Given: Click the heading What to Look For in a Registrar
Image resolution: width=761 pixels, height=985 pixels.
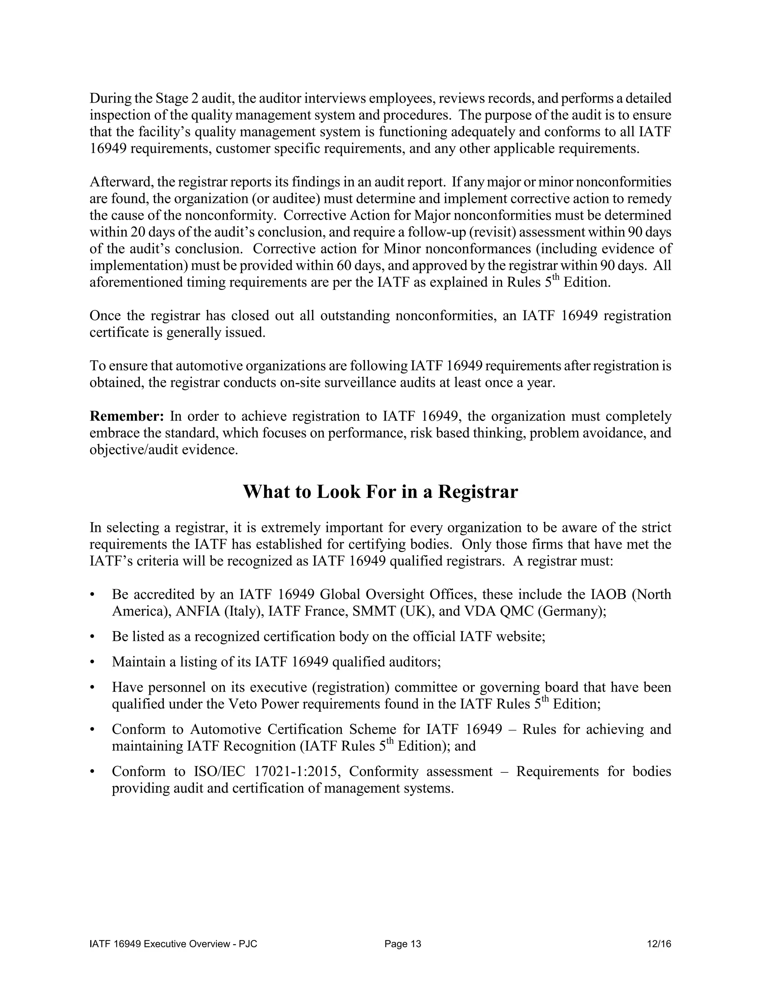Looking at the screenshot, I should pyautogui.click(x=380, y=492).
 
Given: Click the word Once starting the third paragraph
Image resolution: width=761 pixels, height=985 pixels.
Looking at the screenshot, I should pyautogui.click(x=105, y=315).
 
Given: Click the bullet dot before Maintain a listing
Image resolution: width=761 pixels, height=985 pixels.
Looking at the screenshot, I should pyautogui.click(x=93, y=662).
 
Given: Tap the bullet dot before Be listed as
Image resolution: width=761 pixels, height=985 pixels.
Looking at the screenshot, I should pyautogui.click(x=93, y=637).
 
